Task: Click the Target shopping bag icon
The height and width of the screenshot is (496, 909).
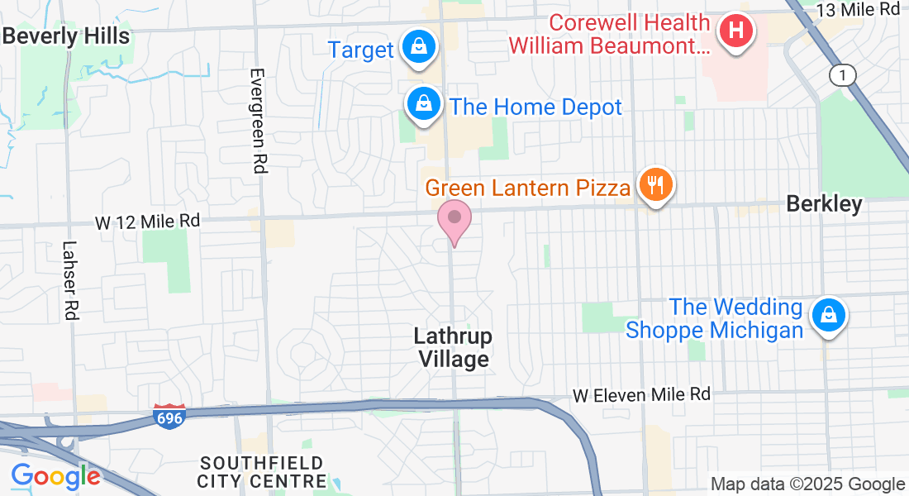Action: click(x=419, y=46)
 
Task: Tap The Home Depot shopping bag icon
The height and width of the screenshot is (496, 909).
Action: click(x=423, y=104)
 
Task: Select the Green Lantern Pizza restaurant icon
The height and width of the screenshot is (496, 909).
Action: click(x=656, y=185)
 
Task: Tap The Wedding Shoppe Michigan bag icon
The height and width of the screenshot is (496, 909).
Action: click(x=827, y=316)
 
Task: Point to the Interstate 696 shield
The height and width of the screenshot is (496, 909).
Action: click(x=169, y=416)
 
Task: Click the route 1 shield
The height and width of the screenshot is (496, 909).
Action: click(x=841, y=75)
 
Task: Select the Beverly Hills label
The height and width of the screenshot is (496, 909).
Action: click(x=65, y=36)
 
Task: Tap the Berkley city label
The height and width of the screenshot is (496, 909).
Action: click(x=824, y=203)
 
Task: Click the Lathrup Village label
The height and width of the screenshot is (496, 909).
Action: click(x=453, y=347)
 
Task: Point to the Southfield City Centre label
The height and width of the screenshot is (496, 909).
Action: click(x=262, y=471)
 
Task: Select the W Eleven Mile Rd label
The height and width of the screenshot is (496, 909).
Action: click(x=641, y=394)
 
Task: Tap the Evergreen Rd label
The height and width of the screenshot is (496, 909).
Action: click(x=258, y=121)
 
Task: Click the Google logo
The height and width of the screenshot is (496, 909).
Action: click(x=55, y=476)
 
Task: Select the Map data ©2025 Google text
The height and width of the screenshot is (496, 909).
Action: click(x=807, y=484)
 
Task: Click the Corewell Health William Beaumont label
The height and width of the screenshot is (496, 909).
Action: click(x=609, y=34)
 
